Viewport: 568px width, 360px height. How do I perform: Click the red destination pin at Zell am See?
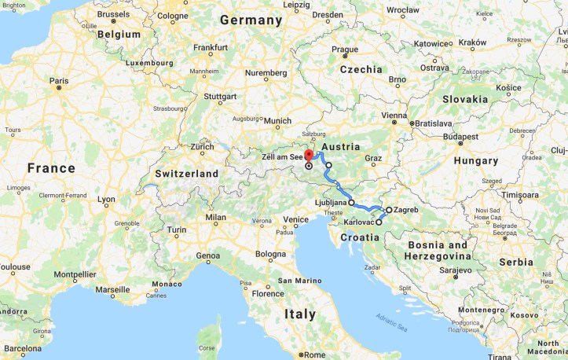click(x=309, y=154)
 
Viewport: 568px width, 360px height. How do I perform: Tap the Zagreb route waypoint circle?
click(x=389, y=211)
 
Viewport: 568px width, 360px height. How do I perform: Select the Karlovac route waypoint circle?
click(x=379, y=222)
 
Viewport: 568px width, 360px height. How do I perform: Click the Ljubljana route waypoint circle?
click(x=351, y=203)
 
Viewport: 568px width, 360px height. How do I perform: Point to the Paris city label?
click(x=59, y=80)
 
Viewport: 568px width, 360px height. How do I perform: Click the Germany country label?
click(x=251, y=20)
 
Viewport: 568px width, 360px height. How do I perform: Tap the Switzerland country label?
click(x=187, y=173)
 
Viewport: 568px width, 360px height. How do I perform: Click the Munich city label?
click(x=277, y=121)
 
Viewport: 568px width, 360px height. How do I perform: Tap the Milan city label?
click(x=215, y=217)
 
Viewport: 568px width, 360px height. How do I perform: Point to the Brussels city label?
click(x=114, y=14)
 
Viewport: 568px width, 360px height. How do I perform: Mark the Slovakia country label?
click(x=464, y=99)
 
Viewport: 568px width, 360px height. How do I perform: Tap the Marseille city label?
click(x=112, y=289)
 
